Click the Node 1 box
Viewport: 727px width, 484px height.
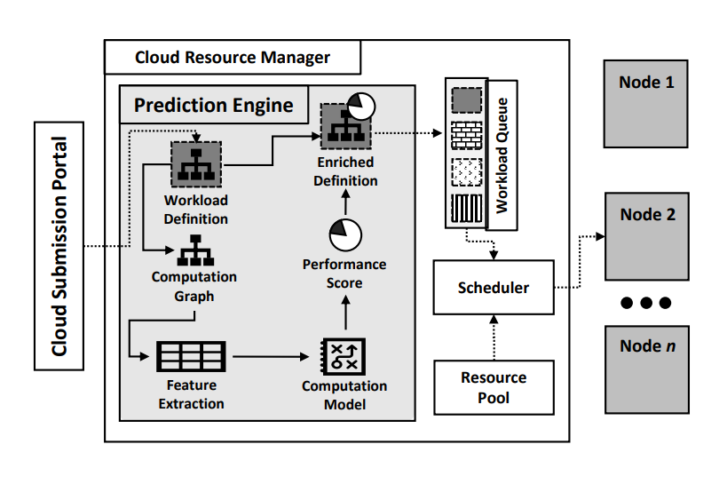pos(646,103)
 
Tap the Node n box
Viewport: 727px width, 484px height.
pos(646,369)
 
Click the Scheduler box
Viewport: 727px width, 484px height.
pos(493,288)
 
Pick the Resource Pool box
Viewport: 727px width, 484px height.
pos(493,387)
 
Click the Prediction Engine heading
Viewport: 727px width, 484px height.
pos(213,106)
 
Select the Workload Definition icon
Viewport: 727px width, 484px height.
pos(195,163)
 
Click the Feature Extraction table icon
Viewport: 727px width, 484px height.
pos(191,357)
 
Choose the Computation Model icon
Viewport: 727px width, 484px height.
pos(344,358)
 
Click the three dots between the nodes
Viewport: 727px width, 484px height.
pos(646,303)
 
